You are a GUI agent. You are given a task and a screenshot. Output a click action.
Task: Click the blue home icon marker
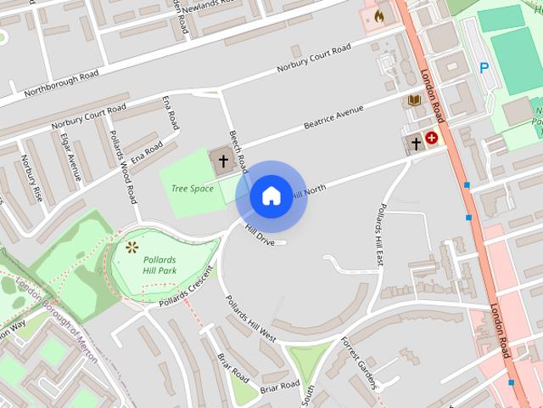pos(271,196)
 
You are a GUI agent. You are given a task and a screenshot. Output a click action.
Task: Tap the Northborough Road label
pos(61,84)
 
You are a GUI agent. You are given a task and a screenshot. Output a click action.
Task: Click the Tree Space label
pos(193,188)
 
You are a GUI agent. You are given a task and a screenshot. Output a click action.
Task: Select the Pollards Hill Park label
pos(160,263)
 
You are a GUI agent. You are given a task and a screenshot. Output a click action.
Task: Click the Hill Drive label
pos(260,235)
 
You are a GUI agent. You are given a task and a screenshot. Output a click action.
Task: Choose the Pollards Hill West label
pos(250,319)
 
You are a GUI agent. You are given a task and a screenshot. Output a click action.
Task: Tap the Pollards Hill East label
pos(381,234)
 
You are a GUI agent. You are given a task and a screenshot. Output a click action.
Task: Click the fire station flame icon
pos(378,14)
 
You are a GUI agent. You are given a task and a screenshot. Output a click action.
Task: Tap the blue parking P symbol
pos(484,68)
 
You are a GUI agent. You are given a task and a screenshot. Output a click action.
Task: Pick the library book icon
pos(414,101)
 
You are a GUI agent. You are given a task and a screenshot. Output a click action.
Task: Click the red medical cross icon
pos(432,138)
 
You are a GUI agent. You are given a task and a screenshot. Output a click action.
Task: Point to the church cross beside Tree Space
pos(224,160)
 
